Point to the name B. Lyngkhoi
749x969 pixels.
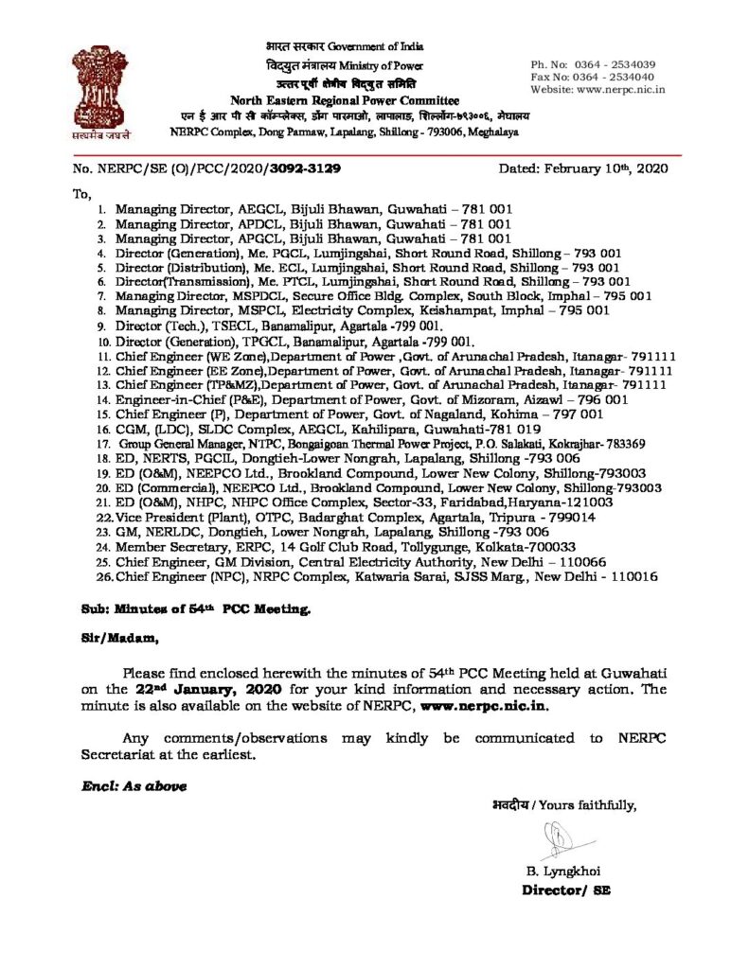[x=562, y=872]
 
